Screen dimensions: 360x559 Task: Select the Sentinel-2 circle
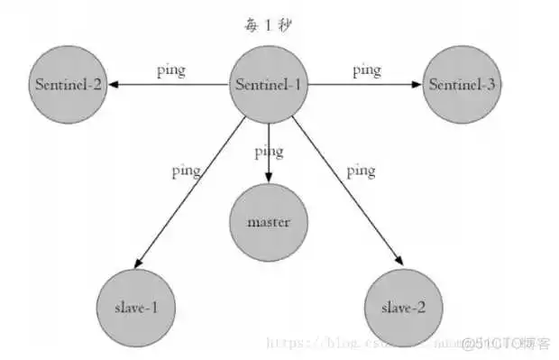click(x=69, y=85)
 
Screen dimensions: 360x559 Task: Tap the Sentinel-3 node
click(x=463, y=85)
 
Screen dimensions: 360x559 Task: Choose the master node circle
click(x=267, y=222)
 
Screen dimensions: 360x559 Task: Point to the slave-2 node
click(x=403, y=307)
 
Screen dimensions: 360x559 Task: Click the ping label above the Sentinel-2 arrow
click(x=170, y=69)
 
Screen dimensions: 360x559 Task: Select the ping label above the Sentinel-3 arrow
click(x=366, y=69)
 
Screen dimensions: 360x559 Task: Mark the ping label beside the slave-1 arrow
click(x=187, y=171)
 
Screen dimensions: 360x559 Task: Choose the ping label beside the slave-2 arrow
click(x=361, y=170)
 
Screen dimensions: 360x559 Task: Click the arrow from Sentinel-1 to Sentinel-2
click(x=167, y=85)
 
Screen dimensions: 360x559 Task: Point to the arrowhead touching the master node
click(x=268, y=180)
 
